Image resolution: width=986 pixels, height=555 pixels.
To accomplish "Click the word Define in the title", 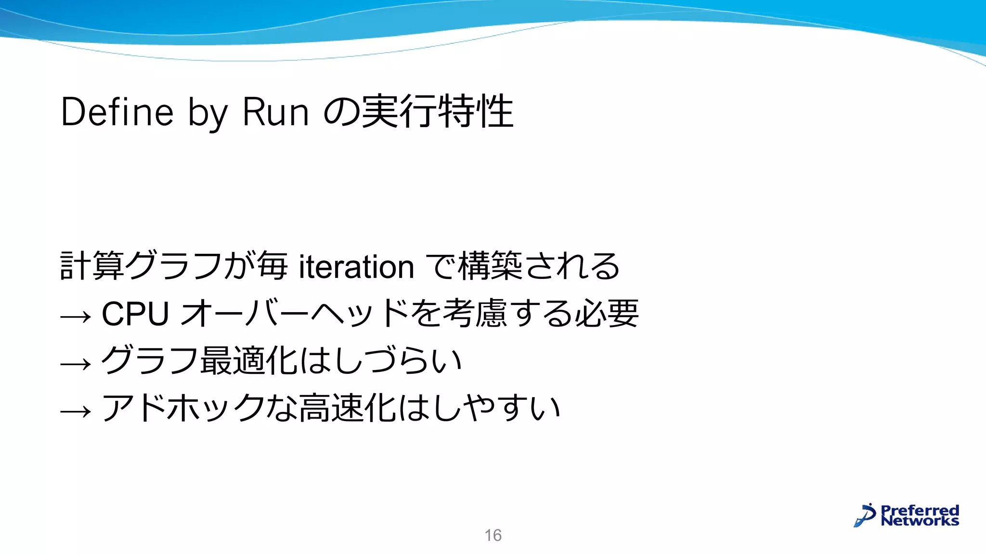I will point(117,112).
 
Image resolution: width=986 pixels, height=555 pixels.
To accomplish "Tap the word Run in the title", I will point(275,112).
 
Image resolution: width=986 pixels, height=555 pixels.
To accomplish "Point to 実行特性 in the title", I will point(437,112).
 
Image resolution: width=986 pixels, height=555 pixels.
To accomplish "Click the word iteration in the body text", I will point(356,267).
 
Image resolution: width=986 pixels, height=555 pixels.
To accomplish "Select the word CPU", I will point(135,314).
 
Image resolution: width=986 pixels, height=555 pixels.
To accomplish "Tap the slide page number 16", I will point(493,535).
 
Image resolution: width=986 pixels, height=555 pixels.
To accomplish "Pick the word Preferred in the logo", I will point(920,510).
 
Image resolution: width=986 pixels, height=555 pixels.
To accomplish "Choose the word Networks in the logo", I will point(920,521).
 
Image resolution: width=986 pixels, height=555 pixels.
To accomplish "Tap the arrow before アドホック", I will point(76,411).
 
